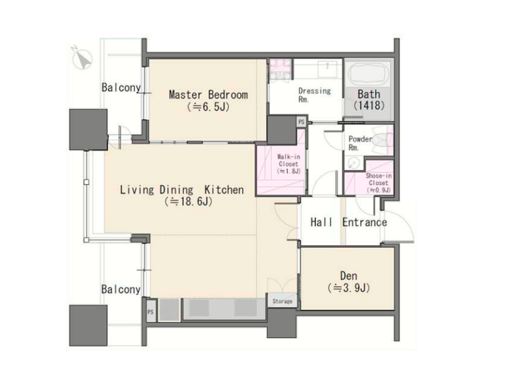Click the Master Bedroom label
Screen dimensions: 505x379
point(208,100)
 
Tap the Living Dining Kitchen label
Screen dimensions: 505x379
point(182,195)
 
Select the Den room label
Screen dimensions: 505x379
point(349,282)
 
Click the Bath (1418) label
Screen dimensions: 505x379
point(369,100)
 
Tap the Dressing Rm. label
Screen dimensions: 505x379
point(314,95)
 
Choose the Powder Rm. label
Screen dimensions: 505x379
point(360,143)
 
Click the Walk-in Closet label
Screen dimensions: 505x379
point(289,164)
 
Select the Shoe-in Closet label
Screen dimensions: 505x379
point(379,183)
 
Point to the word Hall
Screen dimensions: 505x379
point(321,222)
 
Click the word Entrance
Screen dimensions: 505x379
point(364,222)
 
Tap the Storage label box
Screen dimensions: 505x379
point(282,301)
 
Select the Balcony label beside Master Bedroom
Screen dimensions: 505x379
point(121,87)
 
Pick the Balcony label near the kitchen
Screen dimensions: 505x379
point(121,289)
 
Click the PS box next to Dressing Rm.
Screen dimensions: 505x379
point(302,122)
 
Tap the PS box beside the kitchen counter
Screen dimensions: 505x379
point(151,312)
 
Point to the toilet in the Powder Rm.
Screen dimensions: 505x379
point(382,140)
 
